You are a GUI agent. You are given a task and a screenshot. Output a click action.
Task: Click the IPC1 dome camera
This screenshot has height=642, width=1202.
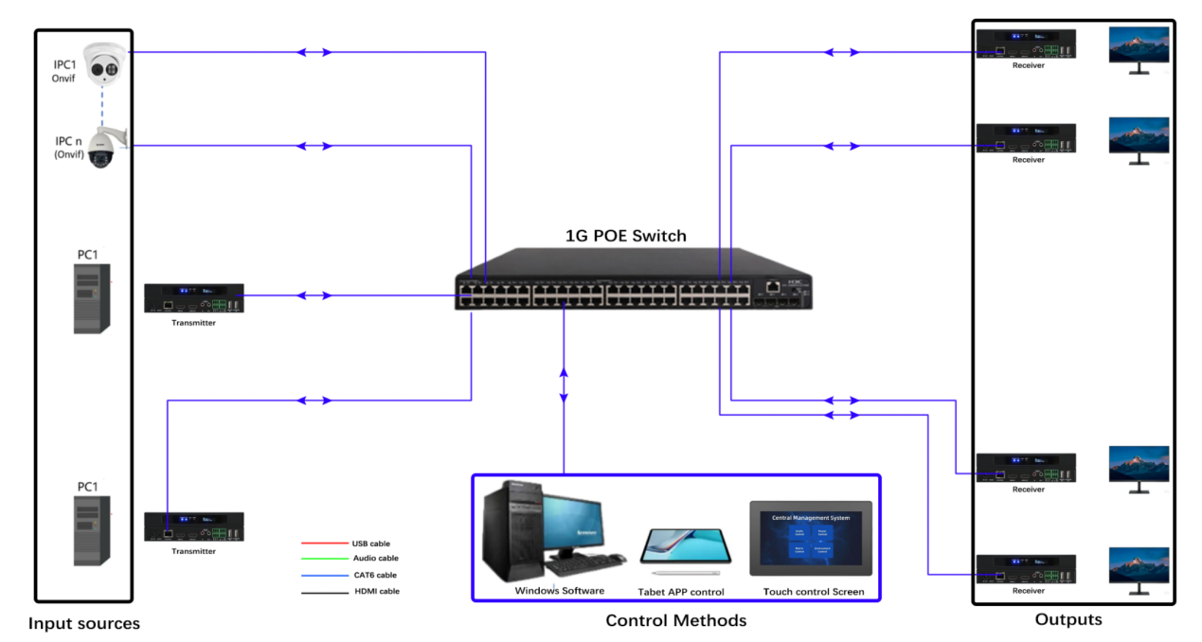click(x=105, y=64)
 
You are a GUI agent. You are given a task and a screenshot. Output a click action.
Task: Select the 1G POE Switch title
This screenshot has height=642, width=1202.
click(x=626, y=236)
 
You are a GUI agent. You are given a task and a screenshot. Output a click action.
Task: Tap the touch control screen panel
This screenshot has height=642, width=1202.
click(x=811, y=538)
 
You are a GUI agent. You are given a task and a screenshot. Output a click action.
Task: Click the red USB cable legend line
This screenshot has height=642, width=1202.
click(x=323, y=544)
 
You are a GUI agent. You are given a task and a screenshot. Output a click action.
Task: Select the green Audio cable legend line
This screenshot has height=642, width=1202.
click(x=323, y=560)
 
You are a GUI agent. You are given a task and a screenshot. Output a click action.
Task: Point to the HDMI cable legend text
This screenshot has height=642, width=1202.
click(x=376, y=592)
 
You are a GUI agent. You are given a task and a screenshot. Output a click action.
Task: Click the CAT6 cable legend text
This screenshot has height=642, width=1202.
click(x=375, y=575)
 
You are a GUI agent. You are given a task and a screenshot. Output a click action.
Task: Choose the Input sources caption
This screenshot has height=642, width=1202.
click(x=84, y=624)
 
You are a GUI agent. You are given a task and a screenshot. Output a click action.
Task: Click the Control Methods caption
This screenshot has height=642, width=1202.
click(x=676, y=621)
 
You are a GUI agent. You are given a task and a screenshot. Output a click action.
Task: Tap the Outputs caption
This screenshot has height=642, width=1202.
click(x=1068, y=620)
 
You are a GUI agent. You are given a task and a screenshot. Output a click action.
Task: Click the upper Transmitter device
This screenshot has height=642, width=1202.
click(x=193, y=298)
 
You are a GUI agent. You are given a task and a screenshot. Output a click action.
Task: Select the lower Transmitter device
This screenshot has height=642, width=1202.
click(x=193, y=527)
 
